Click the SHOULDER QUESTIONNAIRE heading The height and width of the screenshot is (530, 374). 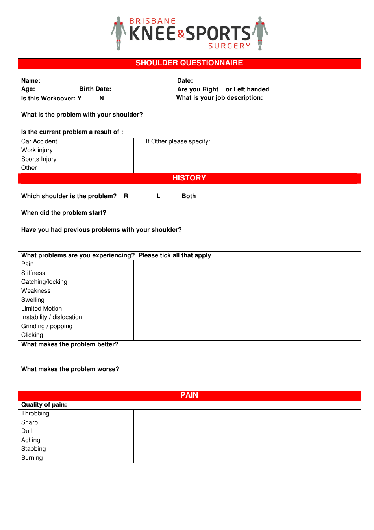tap(189, 63)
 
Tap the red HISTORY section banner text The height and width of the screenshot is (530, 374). tap(189, 178)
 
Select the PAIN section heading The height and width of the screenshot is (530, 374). tap(189, 395)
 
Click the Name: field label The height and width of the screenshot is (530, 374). tap(31, 81)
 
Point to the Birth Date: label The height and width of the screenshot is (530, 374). tap(95, 89)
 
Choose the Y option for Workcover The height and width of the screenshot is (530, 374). tap(80, 99)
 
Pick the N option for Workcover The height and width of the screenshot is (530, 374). tap(102, 99)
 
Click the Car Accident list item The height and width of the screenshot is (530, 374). tap(39, 141)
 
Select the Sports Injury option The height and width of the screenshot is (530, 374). tap(39, 159)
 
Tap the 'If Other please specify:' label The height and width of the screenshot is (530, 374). tap(178, 141)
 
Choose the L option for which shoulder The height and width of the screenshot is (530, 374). tap(158, 196)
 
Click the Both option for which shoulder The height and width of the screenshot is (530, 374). tap(189, 196)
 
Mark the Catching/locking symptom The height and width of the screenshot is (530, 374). tap(44, 282)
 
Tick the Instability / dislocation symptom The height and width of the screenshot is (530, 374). tap(52, 317)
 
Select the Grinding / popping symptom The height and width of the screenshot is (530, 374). tap(47, 326)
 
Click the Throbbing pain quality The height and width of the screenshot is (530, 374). tap(35, 413)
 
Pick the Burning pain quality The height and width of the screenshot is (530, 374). tap(32, 458)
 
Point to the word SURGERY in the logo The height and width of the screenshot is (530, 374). tap(229, 46)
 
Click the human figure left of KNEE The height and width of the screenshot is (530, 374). tap(118, 33)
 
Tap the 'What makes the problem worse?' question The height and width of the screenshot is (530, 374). tap(70, 369)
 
